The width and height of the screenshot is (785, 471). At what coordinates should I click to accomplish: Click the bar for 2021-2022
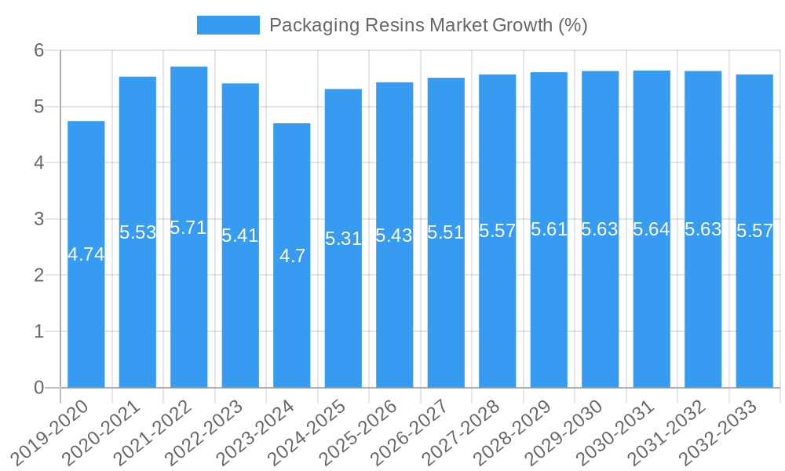[x=189, y=298]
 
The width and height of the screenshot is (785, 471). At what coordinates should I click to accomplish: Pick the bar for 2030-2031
[x=652, y=298]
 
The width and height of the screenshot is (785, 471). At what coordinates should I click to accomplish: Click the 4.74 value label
[x=86, y=254]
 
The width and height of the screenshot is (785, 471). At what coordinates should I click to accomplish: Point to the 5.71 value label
[x=189, y=228]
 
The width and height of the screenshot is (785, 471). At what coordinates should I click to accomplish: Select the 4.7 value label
[x=292, y=256]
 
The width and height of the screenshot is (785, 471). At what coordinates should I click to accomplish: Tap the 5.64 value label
[x=652, y=229]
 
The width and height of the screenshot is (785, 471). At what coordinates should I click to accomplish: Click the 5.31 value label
[x=343, y=239]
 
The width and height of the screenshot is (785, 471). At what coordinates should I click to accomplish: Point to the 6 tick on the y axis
[x=38, y=50]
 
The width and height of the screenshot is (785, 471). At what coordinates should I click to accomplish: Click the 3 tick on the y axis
[x=38, y=219]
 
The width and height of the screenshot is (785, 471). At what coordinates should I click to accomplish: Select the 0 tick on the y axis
[x=38, y=388]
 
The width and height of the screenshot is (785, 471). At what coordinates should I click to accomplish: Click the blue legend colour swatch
[x=228, y=25]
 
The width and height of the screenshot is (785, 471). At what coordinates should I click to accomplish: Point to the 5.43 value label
[x=394, y=235]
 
